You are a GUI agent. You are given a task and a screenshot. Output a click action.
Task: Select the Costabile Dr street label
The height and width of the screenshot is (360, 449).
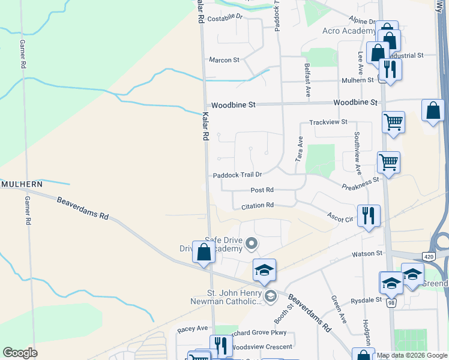point(224,19)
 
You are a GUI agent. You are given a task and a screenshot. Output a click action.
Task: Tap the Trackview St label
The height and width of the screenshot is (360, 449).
point(328,122)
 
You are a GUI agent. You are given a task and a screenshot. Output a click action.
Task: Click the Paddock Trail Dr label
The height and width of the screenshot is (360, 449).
point(238,175)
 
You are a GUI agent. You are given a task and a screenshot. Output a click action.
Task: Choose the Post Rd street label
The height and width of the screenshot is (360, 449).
point(262,190)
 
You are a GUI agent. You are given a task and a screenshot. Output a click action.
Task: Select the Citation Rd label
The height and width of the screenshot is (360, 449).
point(258,205)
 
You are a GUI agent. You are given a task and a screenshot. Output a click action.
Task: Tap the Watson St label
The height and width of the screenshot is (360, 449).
point(366,253)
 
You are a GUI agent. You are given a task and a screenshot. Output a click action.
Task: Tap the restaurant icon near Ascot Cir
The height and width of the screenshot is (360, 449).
point(368,215)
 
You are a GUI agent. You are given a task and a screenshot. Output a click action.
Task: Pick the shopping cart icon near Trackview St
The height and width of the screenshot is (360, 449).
point(393,122)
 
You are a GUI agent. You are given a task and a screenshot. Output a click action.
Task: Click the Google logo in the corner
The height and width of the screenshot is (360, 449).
point(20,353)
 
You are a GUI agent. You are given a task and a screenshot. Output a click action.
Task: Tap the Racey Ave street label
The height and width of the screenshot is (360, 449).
point(192,329)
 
